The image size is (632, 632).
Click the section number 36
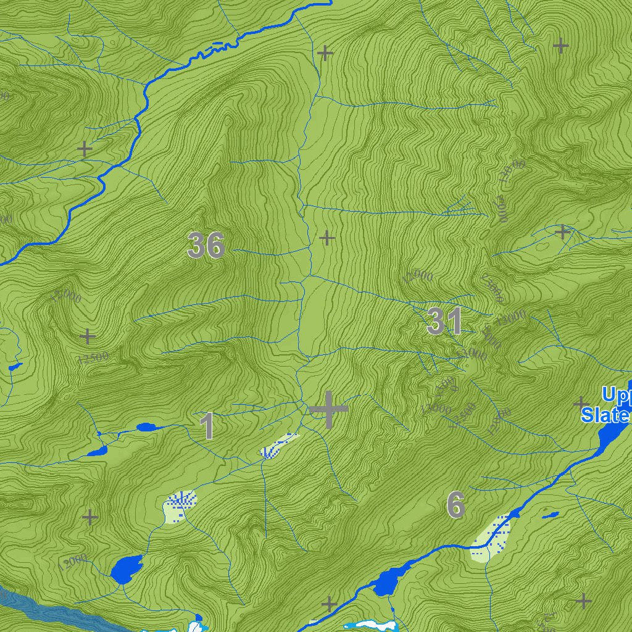click(206, 245)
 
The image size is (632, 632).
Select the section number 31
click(444, 322)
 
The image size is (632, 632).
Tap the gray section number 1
click(207, 426)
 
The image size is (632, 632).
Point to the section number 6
click(455, 505)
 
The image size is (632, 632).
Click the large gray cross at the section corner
click(328, 409)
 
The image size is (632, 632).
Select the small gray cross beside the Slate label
click(581, 404)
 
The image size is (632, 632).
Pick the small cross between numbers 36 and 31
click(326, 238)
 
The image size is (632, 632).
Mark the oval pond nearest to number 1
click(146, 426)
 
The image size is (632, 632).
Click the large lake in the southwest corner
click(126, 568)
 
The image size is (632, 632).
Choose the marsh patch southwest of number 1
click(180, 505)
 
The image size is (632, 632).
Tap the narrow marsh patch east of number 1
click(278, 446)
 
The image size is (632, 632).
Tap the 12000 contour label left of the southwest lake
click(73, 562)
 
